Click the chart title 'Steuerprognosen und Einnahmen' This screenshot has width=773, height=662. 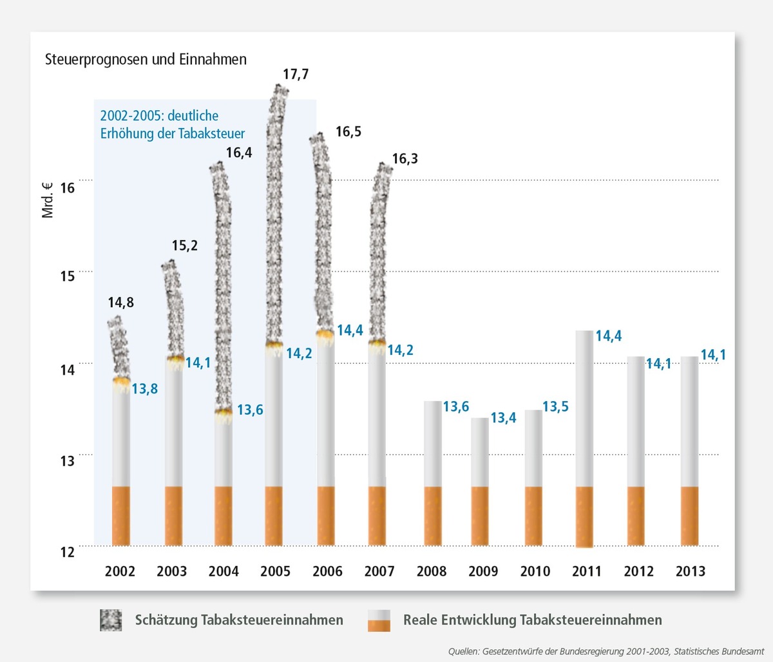[146, 60]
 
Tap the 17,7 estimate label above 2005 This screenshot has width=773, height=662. [296, 74]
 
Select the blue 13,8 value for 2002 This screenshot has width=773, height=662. [145, 389]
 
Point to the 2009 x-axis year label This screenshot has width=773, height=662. [483, 571]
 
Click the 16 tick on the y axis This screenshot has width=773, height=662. [67, 187]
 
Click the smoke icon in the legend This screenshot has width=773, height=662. [111, 620]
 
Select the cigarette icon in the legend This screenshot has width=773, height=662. [379, 620]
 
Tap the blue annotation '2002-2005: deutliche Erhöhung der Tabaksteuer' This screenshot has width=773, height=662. [172, 124]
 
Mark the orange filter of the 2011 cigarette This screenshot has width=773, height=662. [584, 516]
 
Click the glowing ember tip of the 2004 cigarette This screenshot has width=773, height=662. [224, 412]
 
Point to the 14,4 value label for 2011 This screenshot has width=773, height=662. [608, 336]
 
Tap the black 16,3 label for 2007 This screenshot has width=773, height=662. [405, 158]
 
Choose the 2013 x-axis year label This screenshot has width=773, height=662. [690, 571]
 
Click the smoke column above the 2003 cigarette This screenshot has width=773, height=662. [173, 309]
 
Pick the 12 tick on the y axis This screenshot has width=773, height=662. [67, 552]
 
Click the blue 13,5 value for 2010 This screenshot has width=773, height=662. [555, 407]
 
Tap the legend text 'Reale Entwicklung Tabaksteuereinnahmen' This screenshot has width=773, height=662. [532, 620]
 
